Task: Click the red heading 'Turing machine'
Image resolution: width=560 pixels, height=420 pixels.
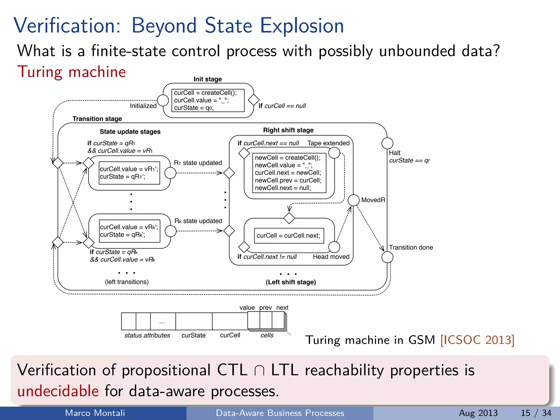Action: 71,72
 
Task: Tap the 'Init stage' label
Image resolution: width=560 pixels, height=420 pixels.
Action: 208,79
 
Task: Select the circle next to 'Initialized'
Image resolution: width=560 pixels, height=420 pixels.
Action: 163,101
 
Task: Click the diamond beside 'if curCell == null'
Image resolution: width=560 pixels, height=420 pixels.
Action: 253,100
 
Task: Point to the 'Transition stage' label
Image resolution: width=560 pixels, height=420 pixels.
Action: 97,119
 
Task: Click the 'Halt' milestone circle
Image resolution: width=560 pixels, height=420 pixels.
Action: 387,143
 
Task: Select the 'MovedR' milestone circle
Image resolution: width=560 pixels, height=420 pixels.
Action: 354,200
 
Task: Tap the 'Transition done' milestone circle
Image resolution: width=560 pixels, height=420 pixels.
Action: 387,257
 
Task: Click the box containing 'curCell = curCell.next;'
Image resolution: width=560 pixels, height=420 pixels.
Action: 289,236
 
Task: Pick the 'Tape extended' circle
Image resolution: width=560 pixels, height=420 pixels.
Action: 334,153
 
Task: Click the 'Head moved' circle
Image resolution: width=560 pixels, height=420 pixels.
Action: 334,247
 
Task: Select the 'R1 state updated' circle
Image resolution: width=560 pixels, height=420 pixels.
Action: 170,173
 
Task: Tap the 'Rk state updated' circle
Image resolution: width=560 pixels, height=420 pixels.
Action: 171,231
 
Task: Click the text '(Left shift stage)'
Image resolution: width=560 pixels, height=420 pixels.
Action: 291,282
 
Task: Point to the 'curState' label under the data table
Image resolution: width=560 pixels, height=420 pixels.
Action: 193,336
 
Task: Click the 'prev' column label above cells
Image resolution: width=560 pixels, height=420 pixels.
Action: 266,308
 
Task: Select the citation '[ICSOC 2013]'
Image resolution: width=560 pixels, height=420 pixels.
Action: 477,340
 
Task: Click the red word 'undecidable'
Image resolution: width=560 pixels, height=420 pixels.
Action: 58,391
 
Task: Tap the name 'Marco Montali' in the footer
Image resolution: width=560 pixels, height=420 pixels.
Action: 95,413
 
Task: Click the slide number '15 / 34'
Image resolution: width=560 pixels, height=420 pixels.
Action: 536,413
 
